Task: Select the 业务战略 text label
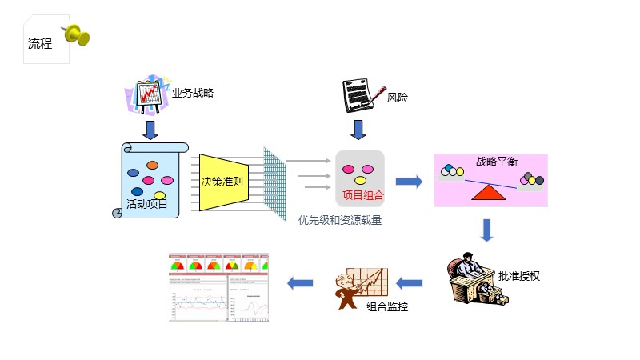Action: [193, 93]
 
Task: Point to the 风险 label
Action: [398, 98]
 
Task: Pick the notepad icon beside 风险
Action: [360, 96]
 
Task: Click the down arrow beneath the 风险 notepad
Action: [359, 130]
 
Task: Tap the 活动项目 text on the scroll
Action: [147, 205]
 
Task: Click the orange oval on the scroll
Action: [152, 166]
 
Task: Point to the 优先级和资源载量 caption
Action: [340, 220]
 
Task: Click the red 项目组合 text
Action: [362, 195]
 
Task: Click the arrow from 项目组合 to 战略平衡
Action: [408, 182]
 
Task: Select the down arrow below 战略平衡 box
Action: [487, 230]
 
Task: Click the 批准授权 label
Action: [519, 277]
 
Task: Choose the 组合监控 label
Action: [387, 306]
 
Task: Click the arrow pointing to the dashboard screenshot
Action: [300, 282]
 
